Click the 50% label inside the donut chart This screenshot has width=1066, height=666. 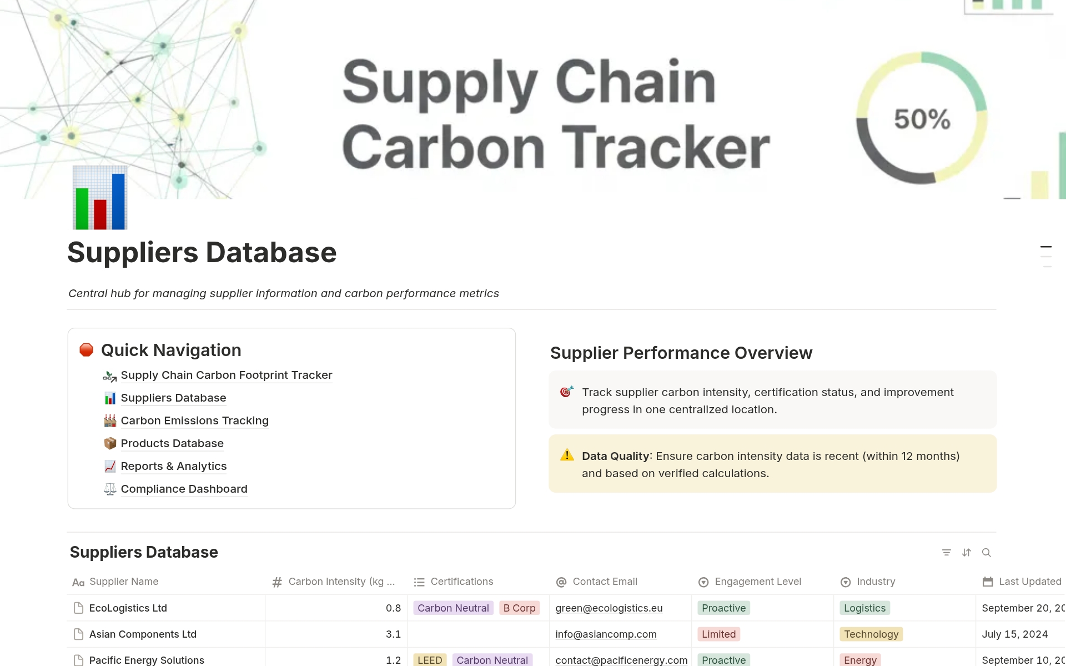tap(922, 119)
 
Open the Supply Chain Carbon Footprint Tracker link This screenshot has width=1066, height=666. tap(226, 375)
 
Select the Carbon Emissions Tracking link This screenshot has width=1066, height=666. tap(194, 421)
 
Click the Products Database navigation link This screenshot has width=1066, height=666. tap(172, 444)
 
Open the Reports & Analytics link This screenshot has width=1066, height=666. tap(173, 467)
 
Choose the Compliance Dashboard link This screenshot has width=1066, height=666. tap(184, 489)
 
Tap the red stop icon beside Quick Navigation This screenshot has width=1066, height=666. tap(86, 350)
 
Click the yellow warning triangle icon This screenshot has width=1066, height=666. tap(567, 455)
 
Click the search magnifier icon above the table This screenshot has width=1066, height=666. tap(987, 553)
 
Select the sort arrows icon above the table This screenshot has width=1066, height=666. tap(967, 553)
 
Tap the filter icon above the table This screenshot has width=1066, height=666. tap(947, 553)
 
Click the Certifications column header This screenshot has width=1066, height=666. tap(461, 582)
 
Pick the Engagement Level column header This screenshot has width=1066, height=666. tap(757, 582)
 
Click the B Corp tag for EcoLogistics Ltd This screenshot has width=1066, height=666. tap(519, 608)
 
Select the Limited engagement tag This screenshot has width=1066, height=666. tap(718, 634)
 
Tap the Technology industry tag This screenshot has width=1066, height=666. tap(871, 634)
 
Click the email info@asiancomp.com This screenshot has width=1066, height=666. tap(606, 634)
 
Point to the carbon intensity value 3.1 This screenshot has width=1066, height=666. tap(393, 634)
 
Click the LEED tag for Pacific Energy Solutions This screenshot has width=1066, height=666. tap(430, 660)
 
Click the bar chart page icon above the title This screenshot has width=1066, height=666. tap(100, 198)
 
